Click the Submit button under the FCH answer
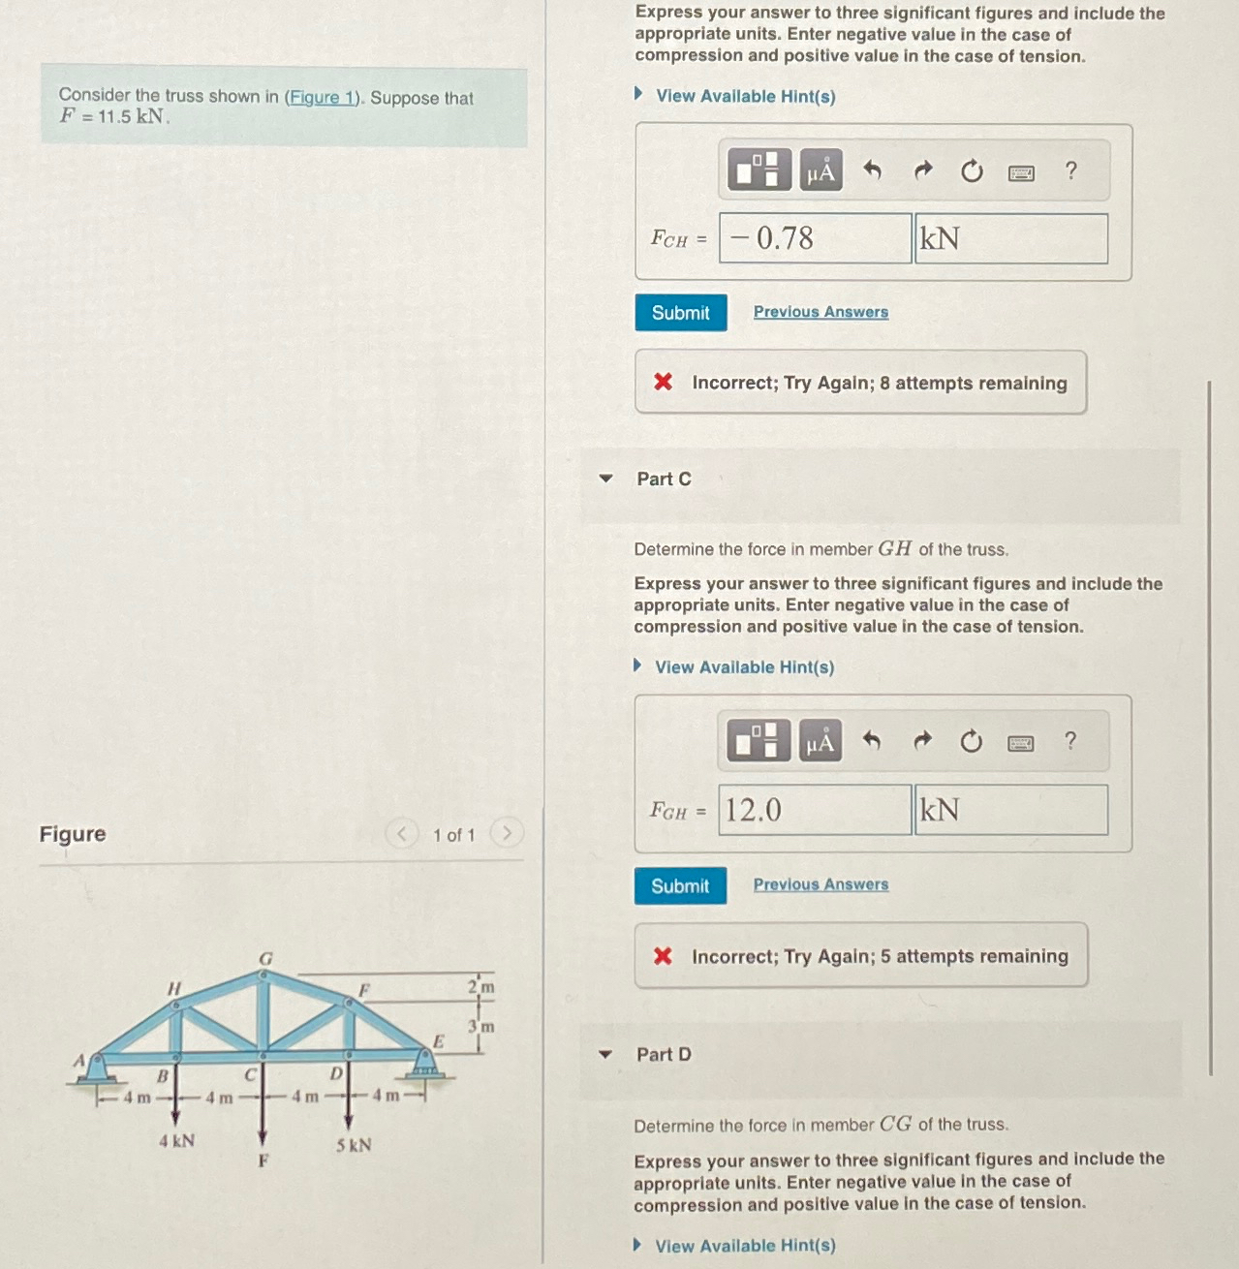[x=680, y=313]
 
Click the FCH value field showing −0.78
[x=815, y=238]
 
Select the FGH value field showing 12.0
[x=815, y=810]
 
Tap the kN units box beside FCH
[x=1010, y=238]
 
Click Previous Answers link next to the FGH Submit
[x=821, y=884]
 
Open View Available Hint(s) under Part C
[x=743, y=667]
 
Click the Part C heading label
[x=664, y=480]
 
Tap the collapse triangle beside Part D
[x=605, y=1055]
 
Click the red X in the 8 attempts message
[x=663, y=382]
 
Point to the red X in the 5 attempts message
[x=663, y=956]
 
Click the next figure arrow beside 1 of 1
[x=506, y=833]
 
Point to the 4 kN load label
[x=176, y=1141]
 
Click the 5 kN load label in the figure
[x=354, y=1145]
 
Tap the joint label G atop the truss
[x=265, y=958]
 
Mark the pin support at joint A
[x=95, y=1068]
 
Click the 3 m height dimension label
[x=481, y=1026]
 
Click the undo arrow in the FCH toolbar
[x=872, y=171]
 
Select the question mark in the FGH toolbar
[x=1069, y=742]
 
